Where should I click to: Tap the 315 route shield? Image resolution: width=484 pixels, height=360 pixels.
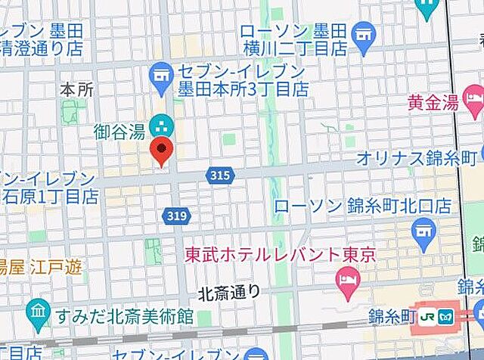217,175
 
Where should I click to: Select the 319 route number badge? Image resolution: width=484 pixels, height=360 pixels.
173,216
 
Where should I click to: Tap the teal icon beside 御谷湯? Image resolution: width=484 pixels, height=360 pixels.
160,123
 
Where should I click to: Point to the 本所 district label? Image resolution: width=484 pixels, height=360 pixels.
76,89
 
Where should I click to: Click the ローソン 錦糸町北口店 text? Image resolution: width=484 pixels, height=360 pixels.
362,206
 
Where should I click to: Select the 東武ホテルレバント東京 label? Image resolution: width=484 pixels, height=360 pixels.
281,256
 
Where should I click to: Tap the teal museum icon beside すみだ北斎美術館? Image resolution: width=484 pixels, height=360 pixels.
37,312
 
